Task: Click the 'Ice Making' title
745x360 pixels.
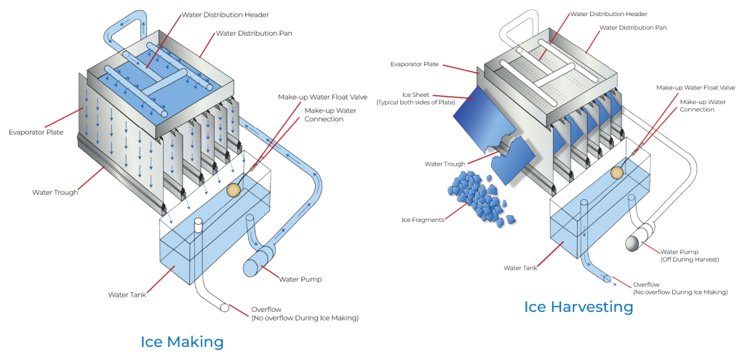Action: (x=182, y=341)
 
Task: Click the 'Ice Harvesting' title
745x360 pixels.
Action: (x=578, y=306)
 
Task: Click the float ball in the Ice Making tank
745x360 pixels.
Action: (x=234, y=190)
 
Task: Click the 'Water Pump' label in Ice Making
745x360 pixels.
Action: (x=301, y=279)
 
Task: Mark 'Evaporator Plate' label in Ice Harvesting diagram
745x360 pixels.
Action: (x=415, y=64)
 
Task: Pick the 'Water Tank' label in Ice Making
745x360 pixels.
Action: (x=129, y=295)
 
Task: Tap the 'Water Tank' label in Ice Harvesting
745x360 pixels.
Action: (x=521, y=267)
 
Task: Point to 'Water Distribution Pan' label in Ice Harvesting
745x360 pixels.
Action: (x=634, y=28)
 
